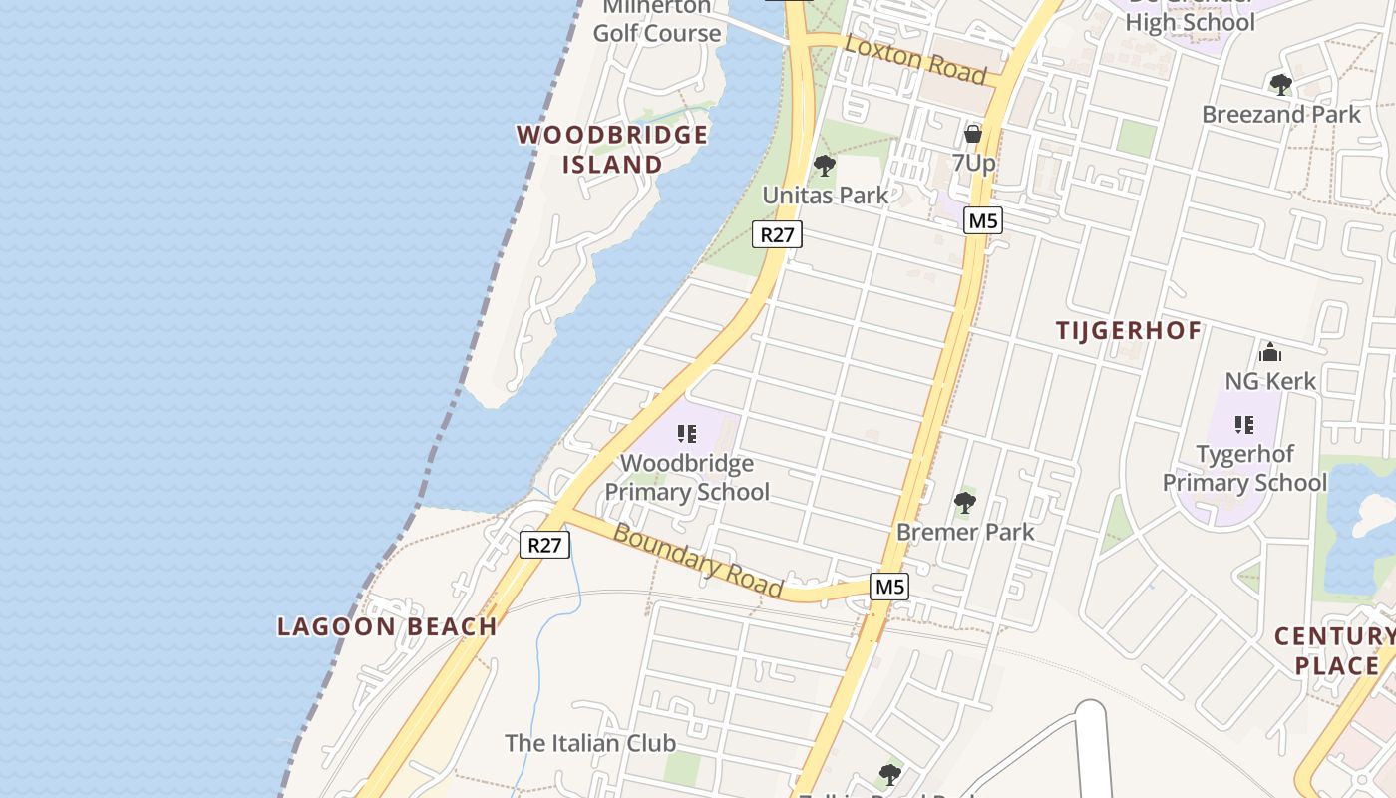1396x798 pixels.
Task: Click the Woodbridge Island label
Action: [x=612, y=150]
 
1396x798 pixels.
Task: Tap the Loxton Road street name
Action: [x=915, y=61]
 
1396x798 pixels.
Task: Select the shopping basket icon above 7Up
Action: [x=973, y=133]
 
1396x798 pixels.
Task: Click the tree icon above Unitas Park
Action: [x=825, y=166]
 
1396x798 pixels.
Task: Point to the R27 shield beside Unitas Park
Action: [x=778, y=235]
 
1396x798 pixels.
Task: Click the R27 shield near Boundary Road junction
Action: [x=545, y=545]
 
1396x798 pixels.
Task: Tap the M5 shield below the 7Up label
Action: [x=982, y=221]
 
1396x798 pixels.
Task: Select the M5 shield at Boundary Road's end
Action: [x=889, y=587]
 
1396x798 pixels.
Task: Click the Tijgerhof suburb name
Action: [x=1129, y=331]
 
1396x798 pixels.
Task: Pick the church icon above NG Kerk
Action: [x=1270, y=352]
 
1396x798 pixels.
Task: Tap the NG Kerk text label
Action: [x=1270, y=381]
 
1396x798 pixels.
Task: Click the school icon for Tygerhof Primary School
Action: [x=1244, y=425]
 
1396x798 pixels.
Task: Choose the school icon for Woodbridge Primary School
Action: [x=686, y=434]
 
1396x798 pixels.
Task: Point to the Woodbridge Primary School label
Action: [x=687, y=478]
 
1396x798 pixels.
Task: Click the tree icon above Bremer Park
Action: [x=964, y=502]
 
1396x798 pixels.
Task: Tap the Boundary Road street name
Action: [x=698, y=561]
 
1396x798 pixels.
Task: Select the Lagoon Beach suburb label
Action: [x=387, y=627]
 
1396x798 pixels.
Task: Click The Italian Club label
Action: [x=590, y=743]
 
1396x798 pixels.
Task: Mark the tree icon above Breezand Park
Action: [x=1281, y=84]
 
